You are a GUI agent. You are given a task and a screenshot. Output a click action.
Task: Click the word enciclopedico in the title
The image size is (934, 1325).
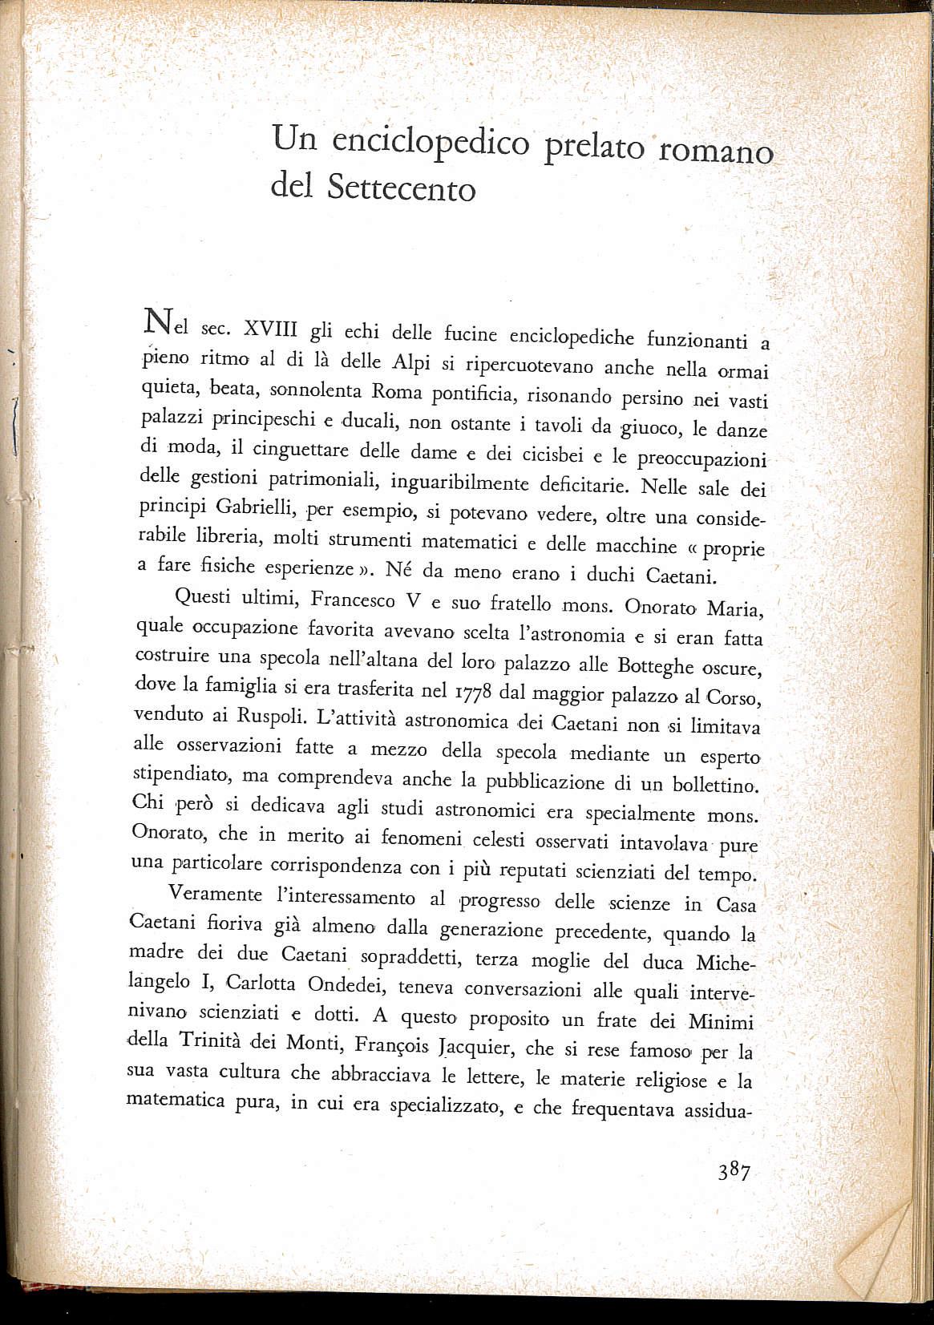430,143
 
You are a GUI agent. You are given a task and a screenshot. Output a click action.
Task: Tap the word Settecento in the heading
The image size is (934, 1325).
402,188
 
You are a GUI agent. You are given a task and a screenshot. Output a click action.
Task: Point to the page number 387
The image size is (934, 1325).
734,1172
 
